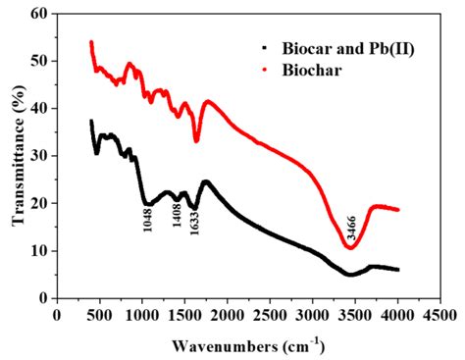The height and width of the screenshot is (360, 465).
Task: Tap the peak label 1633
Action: (195, 227)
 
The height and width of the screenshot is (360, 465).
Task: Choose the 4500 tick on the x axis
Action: (440, 315)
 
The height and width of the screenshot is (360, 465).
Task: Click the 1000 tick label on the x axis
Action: (142, 315)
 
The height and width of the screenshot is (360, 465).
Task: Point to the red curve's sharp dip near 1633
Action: (196, 141)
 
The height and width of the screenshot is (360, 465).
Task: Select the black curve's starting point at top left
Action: (91, 121)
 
